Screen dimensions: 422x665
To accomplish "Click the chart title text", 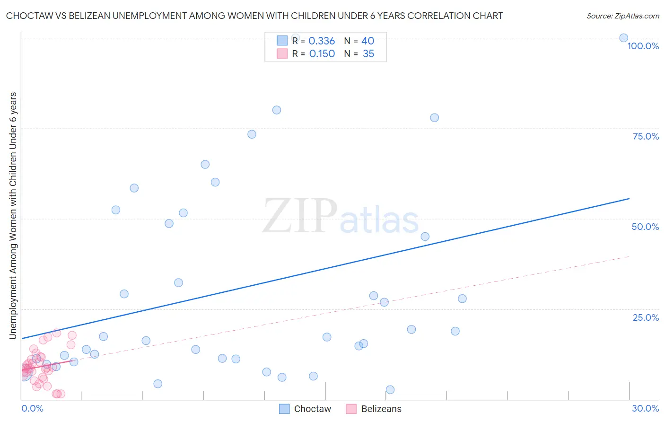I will [x=254, y=16].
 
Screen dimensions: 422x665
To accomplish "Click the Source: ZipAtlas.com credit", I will [x=622, y=16].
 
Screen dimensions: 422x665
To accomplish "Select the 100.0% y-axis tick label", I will [x=643, y=46].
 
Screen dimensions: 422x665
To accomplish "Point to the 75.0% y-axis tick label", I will [x=646, y=136].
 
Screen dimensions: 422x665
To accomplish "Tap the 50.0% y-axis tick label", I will [x=645, y=227].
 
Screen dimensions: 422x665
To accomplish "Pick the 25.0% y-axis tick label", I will [x=646, y=317].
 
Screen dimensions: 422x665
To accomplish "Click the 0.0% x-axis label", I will [x=32, y=408].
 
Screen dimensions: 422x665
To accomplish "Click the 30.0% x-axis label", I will [x=645, y=408].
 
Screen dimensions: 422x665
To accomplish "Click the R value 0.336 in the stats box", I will [x=322, y=41].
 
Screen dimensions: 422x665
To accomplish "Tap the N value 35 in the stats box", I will [x=368, y=54].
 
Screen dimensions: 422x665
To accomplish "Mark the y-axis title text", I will [x=13, y=215].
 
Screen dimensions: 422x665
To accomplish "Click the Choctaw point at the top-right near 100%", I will [x=624, y=38].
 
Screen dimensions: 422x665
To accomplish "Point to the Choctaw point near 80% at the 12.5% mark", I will [x=277, y=110].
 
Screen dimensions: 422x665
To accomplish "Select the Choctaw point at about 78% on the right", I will [x=434, y=118].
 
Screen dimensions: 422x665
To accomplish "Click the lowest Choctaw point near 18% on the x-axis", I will [x=390, y=390].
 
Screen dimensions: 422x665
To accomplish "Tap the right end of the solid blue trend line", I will [x=629, y=199].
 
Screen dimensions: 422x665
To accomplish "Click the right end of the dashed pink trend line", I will [x=629, y=256].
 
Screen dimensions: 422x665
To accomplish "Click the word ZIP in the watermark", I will [x=300, y=217].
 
